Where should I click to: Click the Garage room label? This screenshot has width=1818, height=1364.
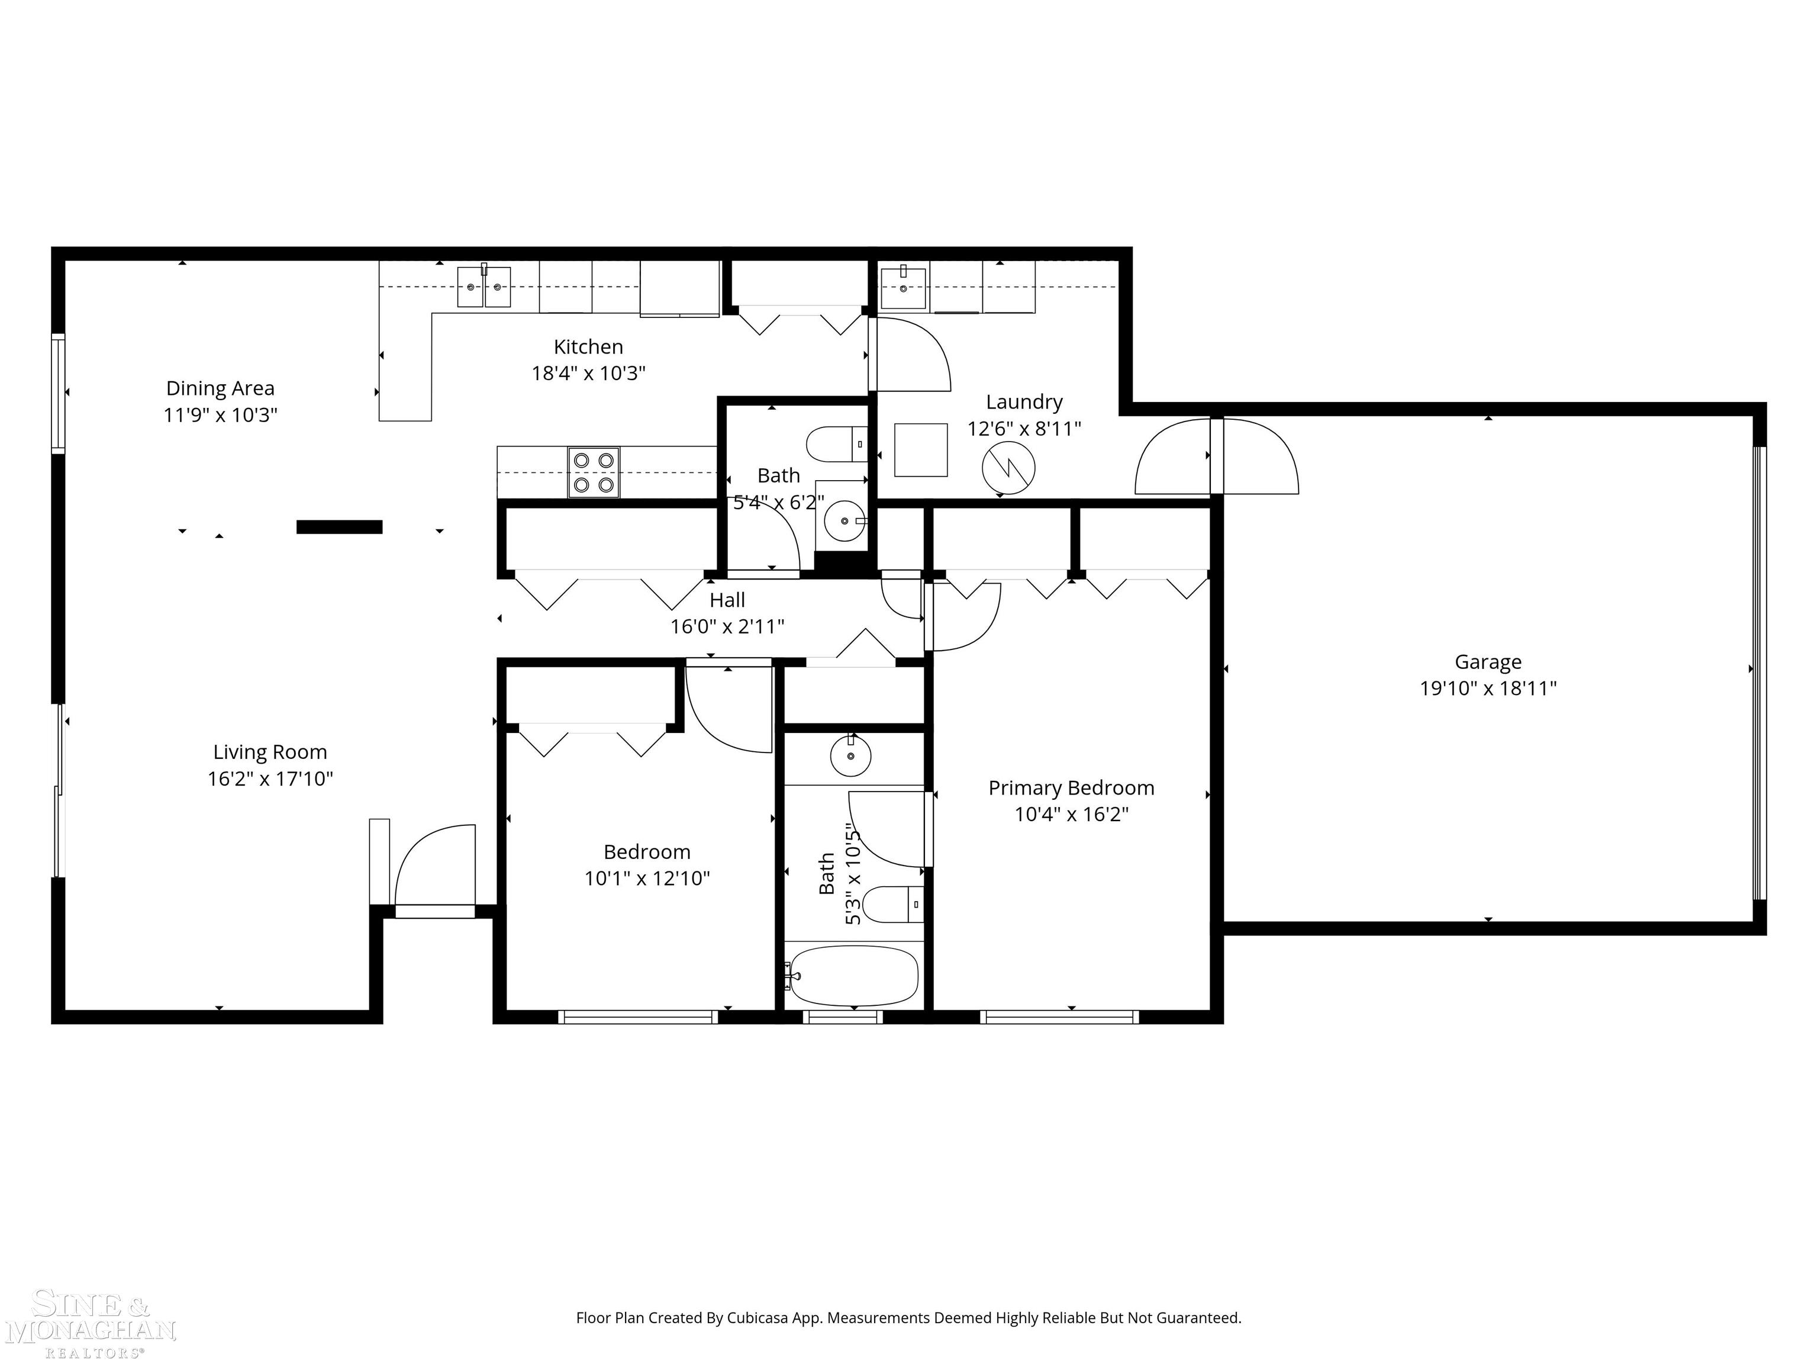point(1488,662)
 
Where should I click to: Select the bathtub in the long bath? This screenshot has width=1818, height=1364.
point(853,976)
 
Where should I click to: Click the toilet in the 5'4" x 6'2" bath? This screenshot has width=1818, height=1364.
point(837,444)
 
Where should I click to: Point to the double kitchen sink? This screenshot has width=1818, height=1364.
point(484,287)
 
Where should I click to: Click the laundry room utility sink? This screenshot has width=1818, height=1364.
point(903,287)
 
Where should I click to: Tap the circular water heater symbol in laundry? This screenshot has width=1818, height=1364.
point(1008,468)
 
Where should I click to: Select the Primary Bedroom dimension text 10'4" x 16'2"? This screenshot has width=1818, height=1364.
point(1071,814)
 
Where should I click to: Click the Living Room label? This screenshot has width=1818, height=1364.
point(270,752)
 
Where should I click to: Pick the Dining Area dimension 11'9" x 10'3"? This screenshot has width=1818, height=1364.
point(220,414)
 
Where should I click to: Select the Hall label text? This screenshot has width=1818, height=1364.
point(727,600)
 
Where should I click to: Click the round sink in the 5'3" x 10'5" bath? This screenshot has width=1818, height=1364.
point(850,755)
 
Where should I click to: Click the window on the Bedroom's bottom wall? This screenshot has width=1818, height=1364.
point(638,1017)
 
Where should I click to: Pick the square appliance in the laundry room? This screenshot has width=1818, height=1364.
point(920,450)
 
